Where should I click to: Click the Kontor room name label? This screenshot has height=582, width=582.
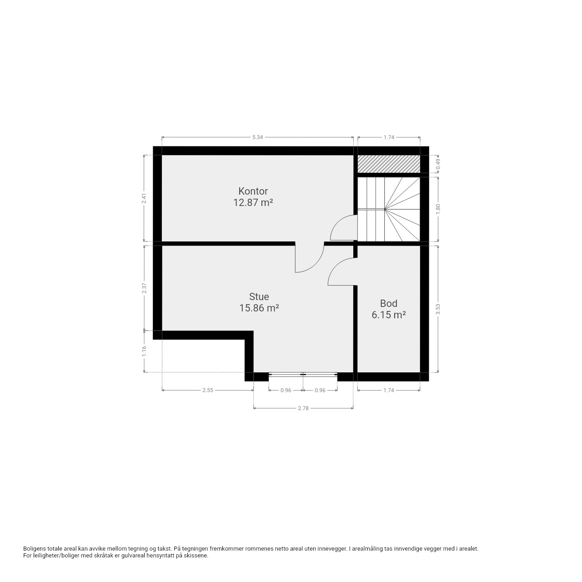253,191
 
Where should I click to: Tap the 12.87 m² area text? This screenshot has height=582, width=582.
253,202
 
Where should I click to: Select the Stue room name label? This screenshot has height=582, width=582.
259,296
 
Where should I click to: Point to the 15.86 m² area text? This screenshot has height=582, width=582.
259,308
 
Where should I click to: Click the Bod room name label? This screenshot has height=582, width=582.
388,303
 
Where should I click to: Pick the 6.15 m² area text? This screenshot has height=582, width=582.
388,315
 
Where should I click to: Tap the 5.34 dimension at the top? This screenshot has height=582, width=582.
258,137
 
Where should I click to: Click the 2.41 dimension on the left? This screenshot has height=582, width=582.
145,198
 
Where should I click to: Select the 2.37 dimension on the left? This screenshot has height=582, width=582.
145,288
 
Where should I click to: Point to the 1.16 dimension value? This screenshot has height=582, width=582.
145,351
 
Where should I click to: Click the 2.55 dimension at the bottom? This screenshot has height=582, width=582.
208,390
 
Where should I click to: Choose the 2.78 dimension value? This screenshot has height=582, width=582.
303,408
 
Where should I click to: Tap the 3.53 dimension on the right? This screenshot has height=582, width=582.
438,309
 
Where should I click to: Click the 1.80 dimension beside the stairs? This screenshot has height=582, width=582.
438,209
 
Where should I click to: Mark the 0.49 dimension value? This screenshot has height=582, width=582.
438,164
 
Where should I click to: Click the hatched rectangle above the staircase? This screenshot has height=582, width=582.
389,164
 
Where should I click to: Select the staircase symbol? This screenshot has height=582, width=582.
389,209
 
